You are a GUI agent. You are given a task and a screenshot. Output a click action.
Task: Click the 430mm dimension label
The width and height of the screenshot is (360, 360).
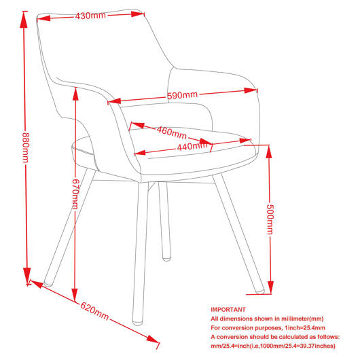90,16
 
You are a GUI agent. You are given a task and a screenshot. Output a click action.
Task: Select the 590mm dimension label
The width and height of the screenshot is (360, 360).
182,95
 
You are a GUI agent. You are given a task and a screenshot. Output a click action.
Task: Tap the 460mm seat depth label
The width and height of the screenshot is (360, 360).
171,132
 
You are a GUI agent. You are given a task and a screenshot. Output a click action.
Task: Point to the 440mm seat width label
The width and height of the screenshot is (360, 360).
192,146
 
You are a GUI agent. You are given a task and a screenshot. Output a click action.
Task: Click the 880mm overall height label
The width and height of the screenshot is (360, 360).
26,147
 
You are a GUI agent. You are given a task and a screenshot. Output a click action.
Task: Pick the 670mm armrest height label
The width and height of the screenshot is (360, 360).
75,194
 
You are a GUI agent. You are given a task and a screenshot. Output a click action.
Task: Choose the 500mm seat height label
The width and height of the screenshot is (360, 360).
270,219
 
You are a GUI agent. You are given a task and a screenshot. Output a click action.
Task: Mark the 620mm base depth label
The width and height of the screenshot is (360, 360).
94,311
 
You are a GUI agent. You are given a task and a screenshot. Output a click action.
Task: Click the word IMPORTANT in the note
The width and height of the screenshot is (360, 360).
228,310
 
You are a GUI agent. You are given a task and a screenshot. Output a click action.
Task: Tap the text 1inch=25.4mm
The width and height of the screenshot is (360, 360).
305,327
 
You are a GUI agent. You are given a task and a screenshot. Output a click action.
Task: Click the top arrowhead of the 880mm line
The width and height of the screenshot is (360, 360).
24,19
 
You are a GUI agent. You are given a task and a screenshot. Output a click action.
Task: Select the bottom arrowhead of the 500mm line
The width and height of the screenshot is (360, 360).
271,287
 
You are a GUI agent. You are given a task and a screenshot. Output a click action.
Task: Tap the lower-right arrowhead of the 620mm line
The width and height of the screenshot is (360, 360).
152,339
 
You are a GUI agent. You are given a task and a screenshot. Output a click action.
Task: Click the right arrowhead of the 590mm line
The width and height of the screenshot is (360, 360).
251,90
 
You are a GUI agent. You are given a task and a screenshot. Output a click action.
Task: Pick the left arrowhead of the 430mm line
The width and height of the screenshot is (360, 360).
43,18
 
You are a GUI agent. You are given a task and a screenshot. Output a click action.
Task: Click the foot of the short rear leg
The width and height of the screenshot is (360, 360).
166,258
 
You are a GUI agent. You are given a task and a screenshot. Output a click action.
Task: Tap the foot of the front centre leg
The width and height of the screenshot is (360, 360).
138,323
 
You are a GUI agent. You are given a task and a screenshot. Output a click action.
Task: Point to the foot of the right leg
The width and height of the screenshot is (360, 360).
260,291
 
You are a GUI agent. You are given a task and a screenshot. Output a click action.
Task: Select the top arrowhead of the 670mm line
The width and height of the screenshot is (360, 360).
75,94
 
